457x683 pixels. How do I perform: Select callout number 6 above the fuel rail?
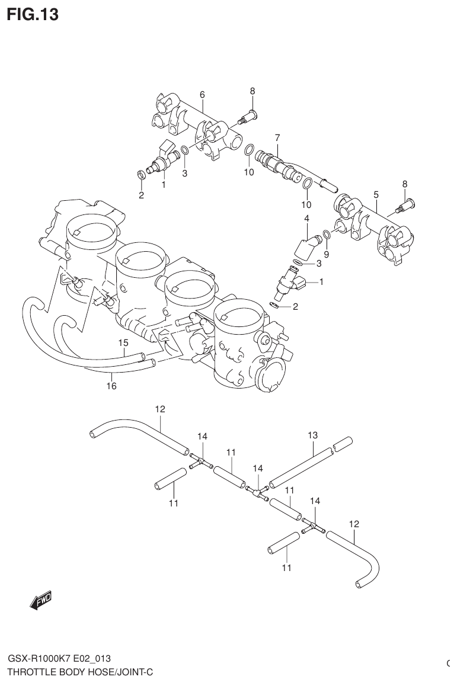coord(202,94)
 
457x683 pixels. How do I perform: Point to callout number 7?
coord(277,137)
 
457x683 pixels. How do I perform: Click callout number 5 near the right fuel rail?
coord(376,194)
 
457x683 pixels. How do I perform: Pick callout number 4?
coord(306,219)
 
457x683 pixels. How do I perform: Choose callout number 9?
coord(326,254)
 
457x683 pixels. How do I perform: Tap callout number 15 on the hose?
coord(123,342)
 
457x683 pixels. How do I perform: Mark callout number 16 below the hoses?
coord(111,386)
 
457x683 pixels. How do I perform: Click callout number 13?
coord(313,435)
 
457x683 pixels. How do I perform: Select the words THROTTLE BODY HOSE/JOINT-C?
coord(80,672)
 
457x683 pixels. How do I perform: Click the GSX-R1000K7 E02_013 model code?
coord(59,659)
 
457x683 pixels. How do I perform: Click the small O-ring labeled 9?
coord(327,233)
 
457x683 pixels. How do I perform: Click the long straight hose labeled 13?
coord(300,468)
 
